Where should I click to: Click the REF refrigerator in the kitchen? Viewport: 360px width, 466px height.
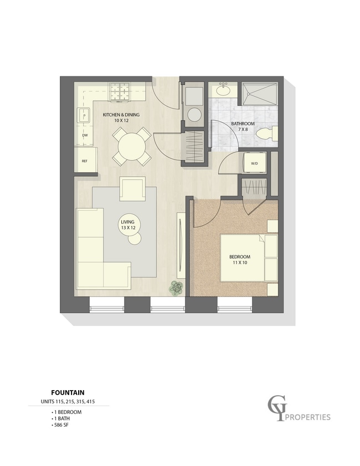coord(85,160)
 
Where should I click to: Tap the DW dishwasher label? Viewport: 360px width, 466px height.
coord(85,135)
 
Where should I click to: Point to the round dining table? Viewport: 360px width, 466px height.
coord(132,146)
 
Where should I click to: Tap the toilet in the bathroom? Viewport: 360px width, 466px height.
coord(267,134)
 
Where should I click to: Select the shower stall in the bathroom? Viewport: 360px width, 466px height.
coord(260,94)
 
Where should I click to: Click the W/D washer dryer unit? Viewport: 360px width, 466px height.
coord(255,163)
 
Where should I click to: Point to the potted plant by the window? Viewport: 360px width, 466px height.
coord(177,288)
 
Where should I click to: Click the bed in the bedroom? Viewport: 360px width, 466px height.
coord(249,258)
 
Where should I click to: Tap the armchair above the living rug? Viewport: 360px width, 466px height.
coord(132,189)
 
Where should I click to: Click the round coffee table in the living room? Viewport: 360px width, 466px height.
coord(135,238)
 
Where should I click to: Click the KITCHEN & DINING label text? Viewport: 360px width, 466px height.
coord(121,114)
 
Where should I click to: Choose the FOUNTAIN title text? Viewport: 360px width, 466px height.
coord(68,393)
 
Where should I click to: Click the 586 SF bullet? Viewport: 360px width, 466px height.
coord(60,424)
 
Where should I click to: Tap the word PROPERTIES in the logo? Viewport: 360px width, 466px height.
coord(308,417)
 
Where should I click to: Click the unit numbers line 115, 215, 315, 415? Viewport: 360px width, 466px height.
coord(68,402)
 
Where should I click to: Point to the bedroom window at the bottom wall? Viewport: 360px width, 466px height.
coord(235,305)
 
